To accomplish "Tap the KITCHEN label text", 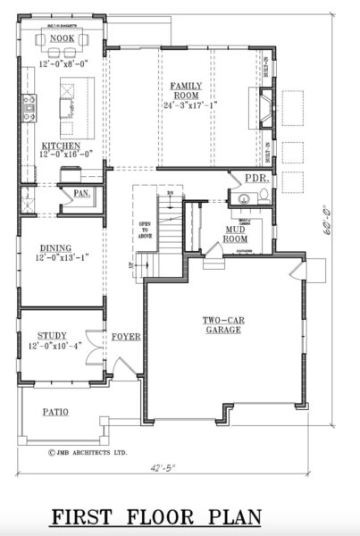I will click(61, 146).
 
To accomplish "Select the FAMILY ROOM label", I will click(187, 90).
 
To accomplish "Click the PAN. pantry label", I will click(81, 192).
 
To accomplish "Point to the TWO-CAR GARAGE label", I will click(223, 323).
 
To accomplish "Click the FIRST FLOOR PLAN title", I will click(156, 516).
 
